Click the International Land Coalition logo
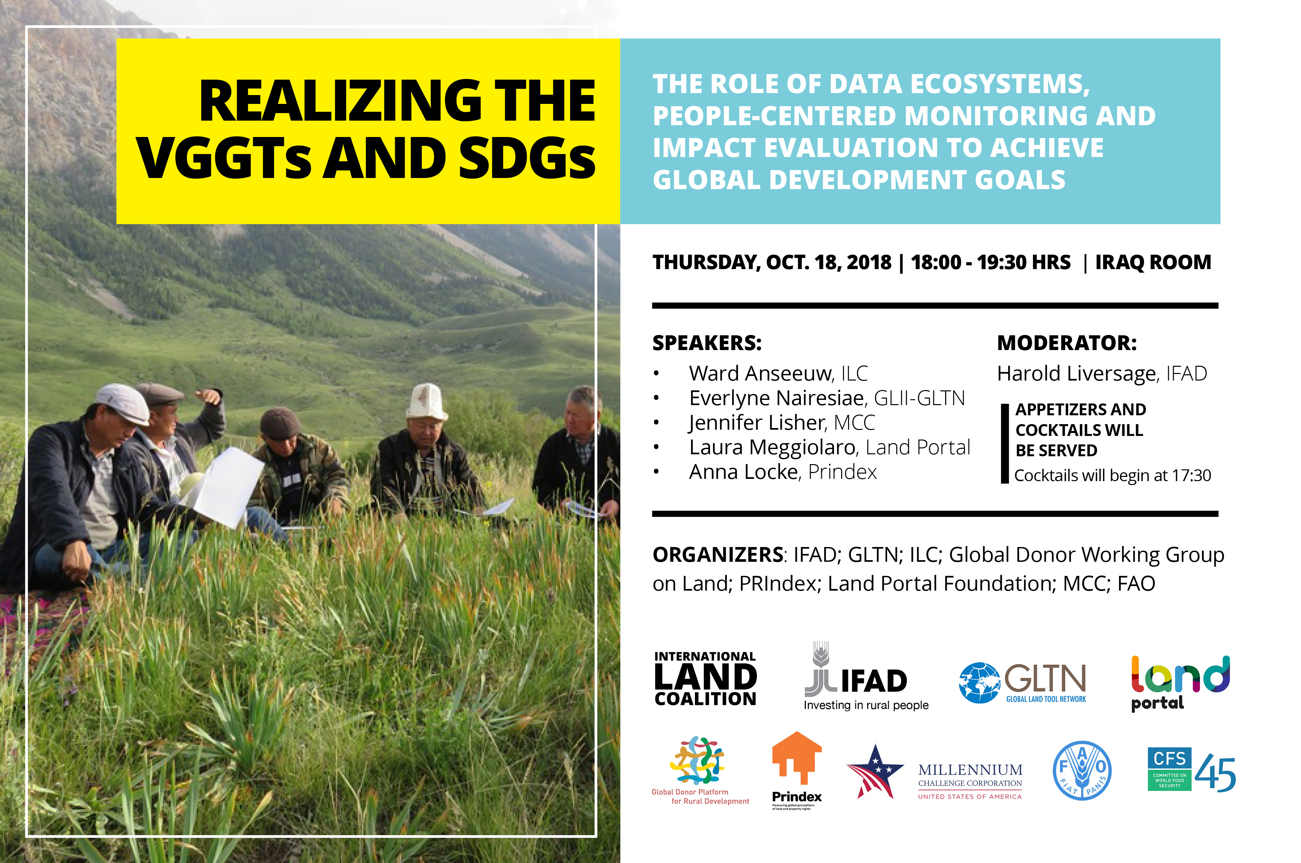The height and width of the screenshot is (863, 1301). (705, 678)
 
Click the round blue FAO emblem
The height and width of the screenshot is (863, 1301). (1082, 770)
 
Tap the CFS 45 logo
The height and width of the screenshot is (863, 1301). (1191, 770)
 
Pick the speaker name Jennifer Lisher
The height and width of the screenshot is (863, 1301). (757, 423)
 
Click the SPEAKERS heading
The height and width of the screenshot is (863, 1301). (707, 343)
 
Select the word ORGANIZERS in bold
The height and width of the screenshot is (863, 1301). (717, 555)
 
